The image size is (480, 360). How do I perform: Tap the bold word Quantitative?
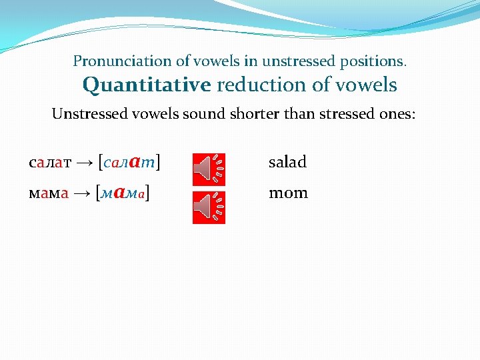tap(147, 85)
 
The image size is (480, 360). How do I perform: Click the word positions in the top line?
tap(374, 61)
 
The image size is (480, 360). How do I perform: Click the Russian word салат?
tap(50, 162)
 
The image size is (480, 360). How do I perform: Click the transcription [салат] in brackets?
tap(131, 162)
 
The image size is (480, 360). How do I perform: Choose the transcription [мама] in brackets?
tap(123, 193)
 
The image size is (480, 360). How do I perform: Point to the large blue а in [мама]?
tap(120, 193)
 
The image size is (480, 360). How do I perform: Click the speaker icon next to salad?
tap(209, 169)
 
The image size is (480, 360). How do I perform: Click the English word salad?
tap(287, 162)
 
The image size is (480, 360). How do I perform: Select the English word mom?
tap(288, 193)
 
